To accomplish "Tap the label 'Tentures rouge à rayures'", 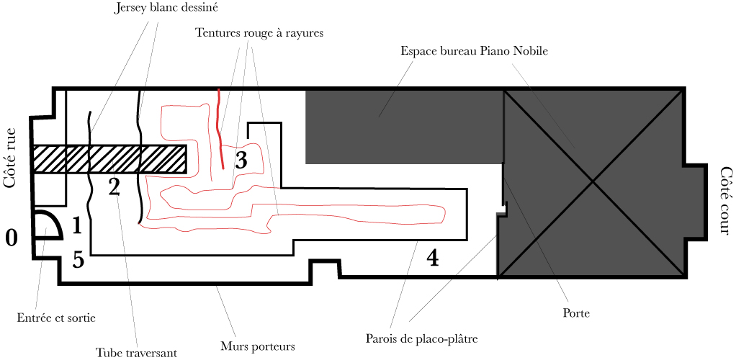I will point(259,33).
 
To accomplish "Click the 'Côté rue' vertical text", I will point(10,158).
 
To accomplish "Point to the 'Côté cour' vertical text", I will point(725,201).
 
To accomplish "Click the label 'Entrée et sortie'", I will point(56,317).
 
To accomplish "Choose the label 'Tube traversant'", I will point(136,352).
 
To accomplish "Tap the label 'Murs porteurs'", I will point(257,346).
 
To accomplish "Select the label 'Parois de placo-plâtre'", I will point(422,338).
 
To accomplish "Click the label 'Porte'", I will point(575,313).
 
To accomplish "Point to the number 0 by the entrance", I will point(12,238).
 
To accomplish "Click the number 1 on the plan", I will point(77,226).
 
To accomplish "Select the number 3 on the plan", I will point(241,160).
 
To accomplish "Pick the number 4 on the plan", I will point(433,257).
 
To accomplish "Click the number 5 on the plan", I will point(78,260).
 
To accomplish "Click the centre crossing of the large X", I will point(593,182).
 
